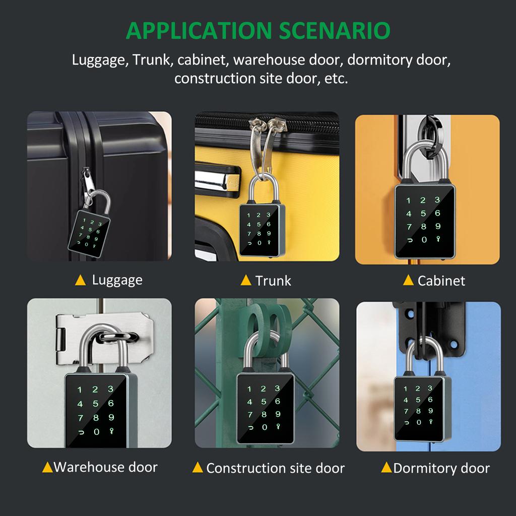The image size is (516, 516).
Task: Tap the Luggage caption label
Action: tap(117, 280)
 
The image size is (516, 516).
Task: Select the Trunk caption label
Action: tap(273, 281)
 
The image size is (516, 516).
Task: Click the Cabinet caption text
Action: tap(441, 281)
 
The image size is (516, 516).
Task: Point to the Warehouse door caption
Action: tap(105, 467)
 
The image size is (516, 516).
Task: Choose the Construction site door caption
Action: tap(275, 468)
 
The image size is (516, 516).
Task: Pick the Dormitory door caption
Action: tap(441, 468)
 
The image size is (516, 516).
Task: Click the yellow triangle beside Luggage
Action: tap(80, 281)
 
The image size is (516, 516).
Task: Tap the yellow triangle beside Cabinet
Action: tap(408, 281)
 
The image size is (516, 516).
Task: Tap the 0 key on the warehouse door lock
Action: tap(96, 432)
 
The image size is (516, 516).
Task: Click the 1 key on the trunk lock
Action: tap(248, 216)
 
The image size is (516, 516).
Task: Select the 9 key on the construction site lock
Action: tap(277, 415)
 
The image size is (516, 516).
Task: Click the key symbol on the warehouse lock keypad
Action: tap(111, 431)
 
